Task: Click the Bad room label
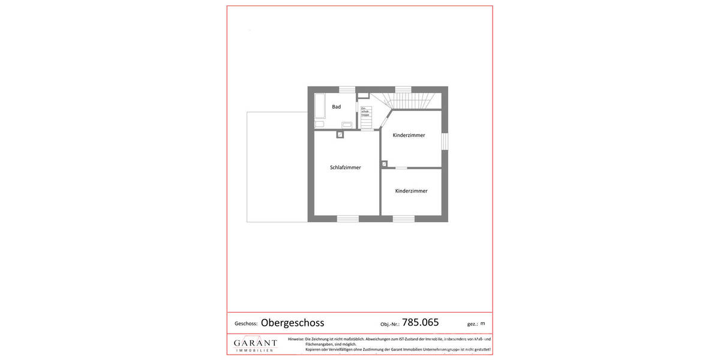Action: (337, 107)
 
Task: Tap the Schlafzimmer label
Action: (346, 167)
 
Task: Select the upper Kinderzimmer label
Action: (409, 135)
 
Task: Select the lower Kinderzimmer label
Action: (411, 191)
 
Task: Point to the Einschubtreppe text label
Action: (365, 111)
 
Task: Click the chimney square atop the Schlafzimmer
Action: (340, 135)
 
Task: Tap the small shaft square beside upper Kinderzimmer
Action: (384, 164)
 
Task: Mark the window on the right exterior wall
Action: (445, 140)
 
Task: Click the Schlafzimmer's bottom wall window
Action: (347, 218)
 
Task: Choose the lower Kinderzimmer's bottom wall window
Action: (403, 218)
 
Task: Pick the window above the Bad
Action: (347, 90)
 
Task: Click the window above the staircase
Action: (403, 90)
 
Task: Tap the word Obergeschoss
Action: (292, 323)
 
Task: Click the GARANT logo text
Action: (255, 343)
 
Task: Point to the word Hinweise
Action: (296, 339)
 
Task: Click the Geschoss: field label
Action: (245, 323)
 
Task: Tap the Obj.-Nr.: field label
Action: (390, 324)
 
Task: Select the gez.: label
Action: (472, 323)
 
